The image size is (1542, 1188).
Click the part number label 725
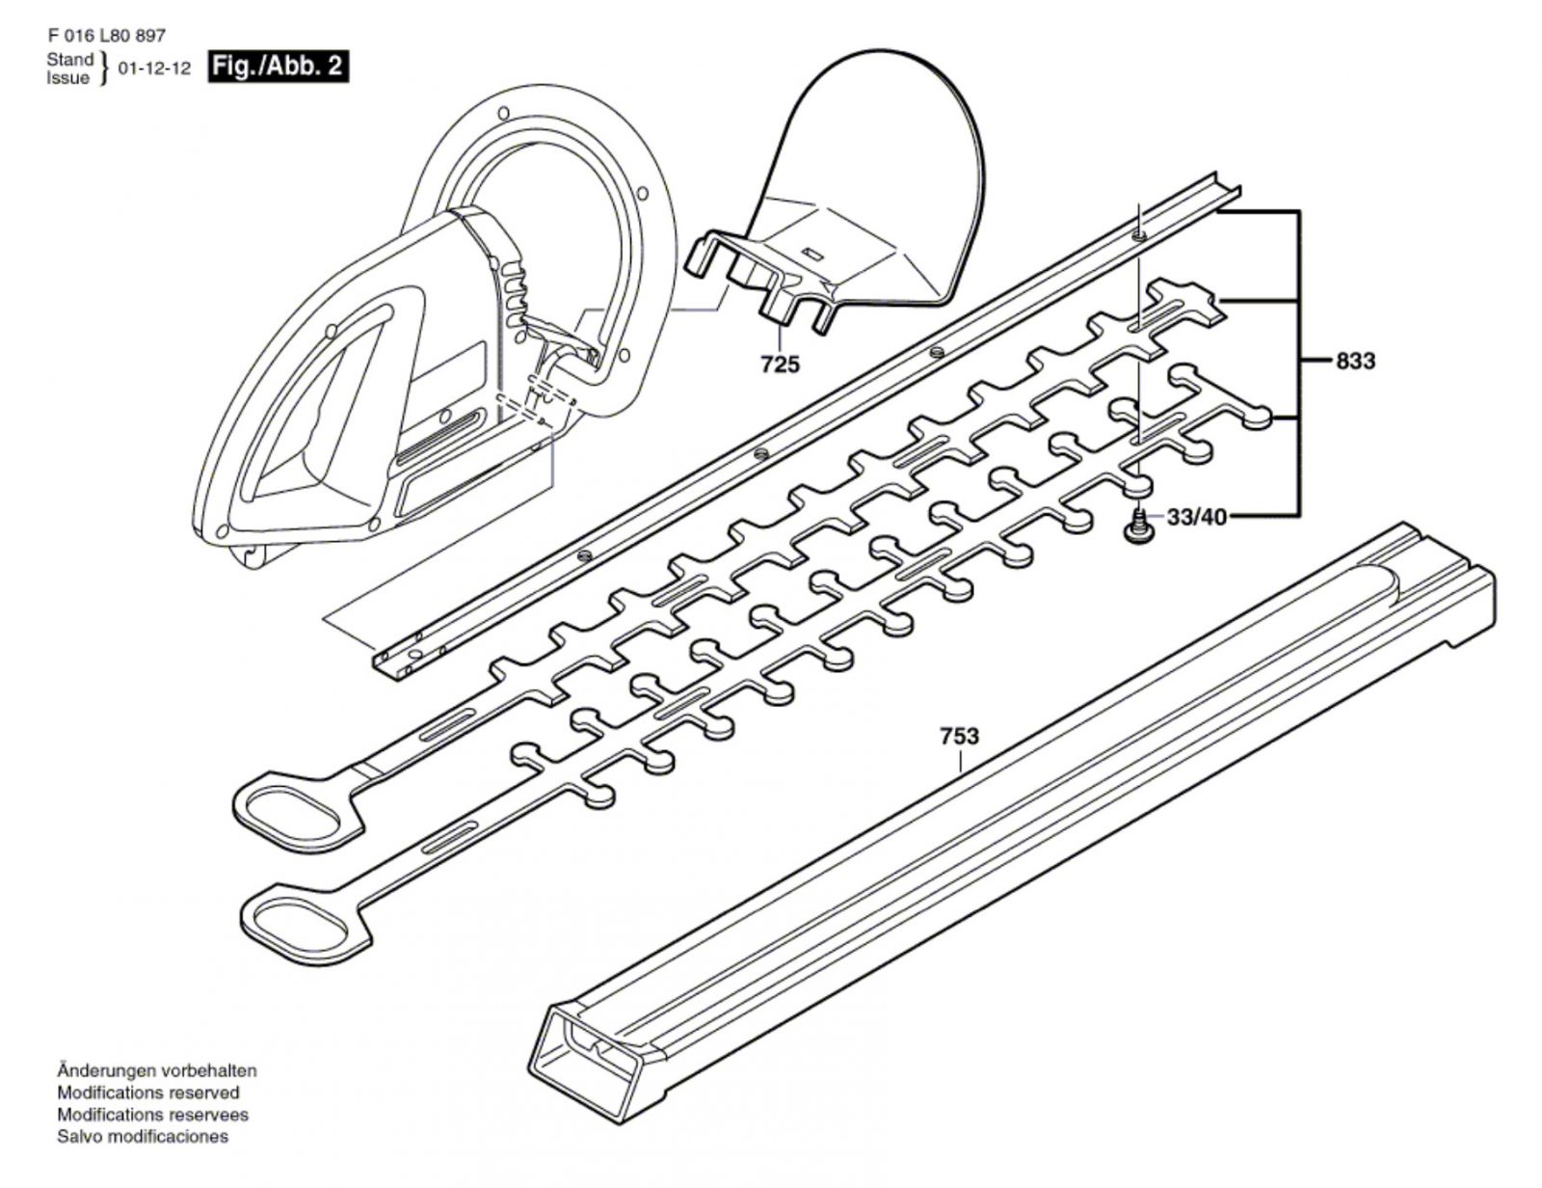(x=779, y=364)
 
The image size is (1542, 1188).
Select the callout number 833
(x=1355, y=362)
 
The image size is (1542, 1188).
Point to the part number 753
(x=959, y=737)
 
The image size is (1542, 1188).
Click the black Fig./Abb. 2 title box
(x=278, y=67)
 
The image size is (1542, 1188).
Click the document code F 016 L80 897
(x=106, y=36)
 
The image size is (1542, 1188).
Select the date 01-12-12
(x=154, y=69)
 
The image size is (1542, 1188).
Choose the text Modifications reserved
(x=148, y=1093)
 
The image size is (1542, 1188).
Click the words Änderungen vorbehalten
(x=157, y=1070)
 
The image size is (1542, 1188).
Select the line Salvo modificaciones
(x=143, y=1136)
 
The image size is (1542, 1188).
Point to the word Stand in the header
(x=70, y=60)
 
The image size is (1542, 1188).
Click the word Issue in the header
(x=67, y=78)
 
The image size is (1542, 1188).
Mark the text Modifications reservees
(x=152, y=1114)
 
